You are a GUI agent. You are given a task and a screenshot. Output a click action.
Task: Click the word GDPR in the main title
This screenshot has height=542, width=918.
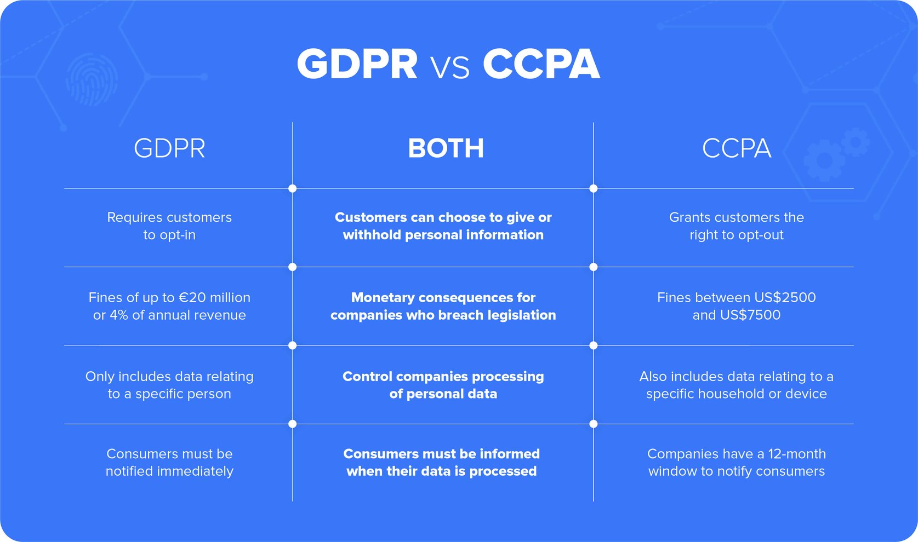click(x=357, y=64)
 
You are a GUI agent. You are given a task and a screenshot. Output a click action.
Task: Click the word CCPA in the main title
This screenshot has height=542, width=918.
click(x=541, y=64)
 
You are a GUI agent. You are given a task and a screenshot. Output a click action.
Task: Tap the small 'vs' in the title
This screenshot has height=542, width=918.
click(x=450, y=68)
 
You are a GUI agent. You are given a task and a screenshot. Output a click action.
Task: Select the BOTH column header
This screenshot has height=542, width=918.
click(x=446, y=148)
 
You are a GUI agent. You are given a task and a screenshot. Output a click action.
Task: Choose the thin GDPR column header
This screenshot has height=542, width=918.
click(x=169, y=148)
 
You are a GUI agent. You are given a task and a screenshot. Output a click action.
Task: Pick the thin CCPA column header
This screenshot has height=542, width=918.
click(x=737, y=148)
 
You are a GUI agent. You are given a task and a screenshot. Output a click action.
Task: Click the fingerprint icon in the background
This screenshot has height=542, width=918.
click(x=92, y=79)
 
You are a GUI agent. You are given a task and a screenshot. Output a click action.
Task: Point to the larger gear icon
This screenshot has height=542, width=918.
click(x=824, y=160)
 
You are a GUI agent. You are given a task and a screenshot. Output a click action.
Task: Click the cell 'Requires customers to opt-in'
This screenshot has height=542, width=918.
click(x=169, y=226)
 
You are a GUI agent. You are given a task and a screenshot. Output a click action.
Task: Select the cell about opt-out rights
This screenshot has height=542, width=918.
click(x=737, y=226)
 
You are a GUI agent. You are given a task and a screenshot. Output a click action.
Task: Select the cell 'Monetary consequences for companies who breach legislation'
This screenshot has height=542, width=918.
click(x=443, y=306)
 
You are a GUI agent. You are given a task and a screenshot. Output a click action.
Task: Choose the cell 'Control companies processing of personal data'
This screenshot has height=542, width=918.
click(x=443, y=385)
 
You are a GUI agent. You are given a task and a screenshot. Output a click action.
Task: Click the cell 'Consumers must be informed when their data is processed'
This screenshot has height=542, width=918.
click(x=441, y=463)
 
